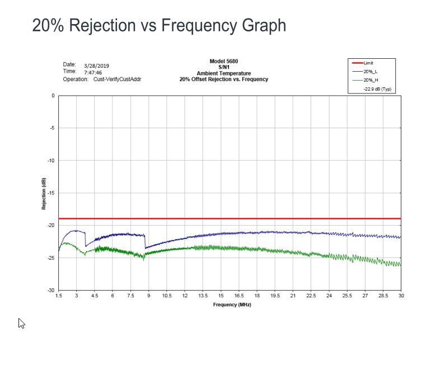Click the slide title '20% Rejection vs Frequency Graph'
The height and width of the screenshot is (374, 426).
click(159, 25)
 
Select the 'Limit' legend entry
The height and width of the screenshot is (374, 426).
click(368, 63)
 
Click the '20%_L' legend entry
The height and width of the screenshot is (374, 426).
click(370, 72)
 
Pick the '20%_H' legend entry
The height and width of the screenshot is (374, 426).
click(370, 80)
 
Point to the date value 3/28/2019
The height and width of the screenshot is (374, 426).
click(96, 66)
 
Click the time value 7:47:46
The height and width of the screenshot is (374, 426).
click(93, 72)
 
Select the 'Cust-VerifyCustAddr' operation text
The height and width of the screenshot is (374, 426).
click(117, 80)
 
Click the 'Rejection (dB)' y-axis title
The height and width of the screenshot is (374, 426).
click(44, 193)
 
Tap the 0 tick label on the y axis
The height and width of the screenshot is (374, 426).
click(53, 96)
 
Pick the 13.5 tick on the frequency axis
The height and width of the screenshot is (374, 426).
click(203, 295)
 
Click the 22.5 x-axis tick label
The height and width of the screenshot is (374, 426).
click(311, 295)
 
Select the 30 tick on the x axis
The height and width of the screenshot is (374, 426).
click(401, 295)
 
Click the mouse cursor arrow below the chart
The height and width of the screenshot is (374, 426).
click(21, 323)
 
